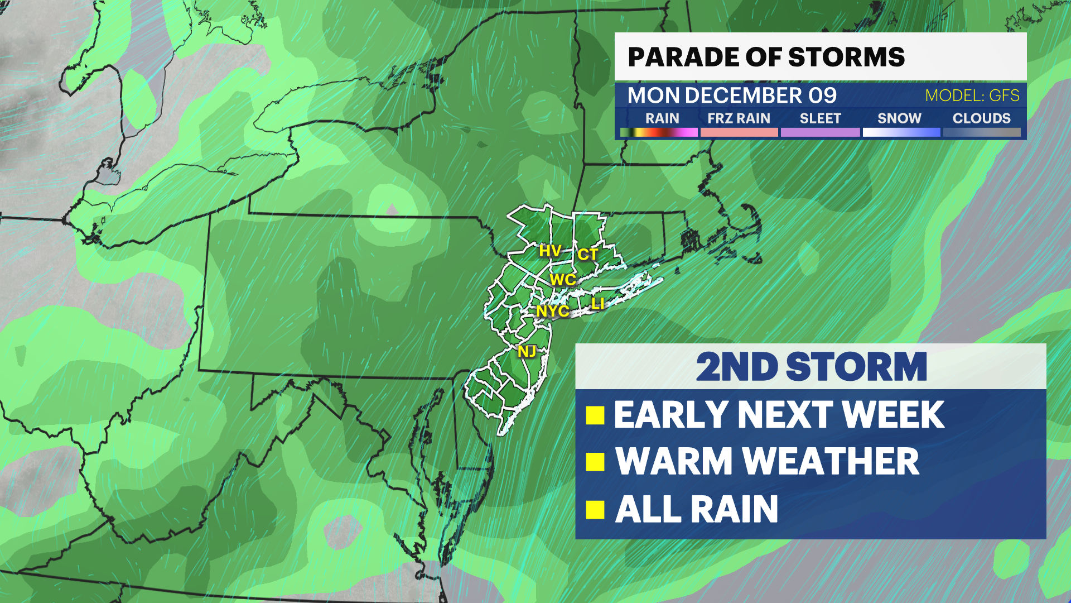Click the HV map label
point(549,251)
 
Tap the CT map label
point(587,254)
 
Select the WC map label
point(562,279)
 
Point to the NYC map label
point(552,311)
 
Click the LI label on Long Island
point(597,303)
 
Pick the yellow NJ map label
point(527,351)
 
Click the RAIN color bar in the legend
point(659,132)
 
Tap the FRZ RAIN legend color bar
point(739,132)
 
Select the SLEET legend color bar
point(820,132)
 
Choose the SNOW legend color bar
point(901,132)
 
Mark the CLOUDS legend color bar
point(982,132)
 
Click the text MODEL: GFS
point(972,95)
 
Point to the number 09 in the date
point(822,95)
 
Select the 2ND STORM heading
point(811,367)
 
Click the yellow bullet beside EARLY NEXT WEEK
point(595,415)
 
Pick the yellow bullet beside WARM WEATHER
point(595,462)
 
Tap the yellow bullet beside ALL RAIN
point(595,509)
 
